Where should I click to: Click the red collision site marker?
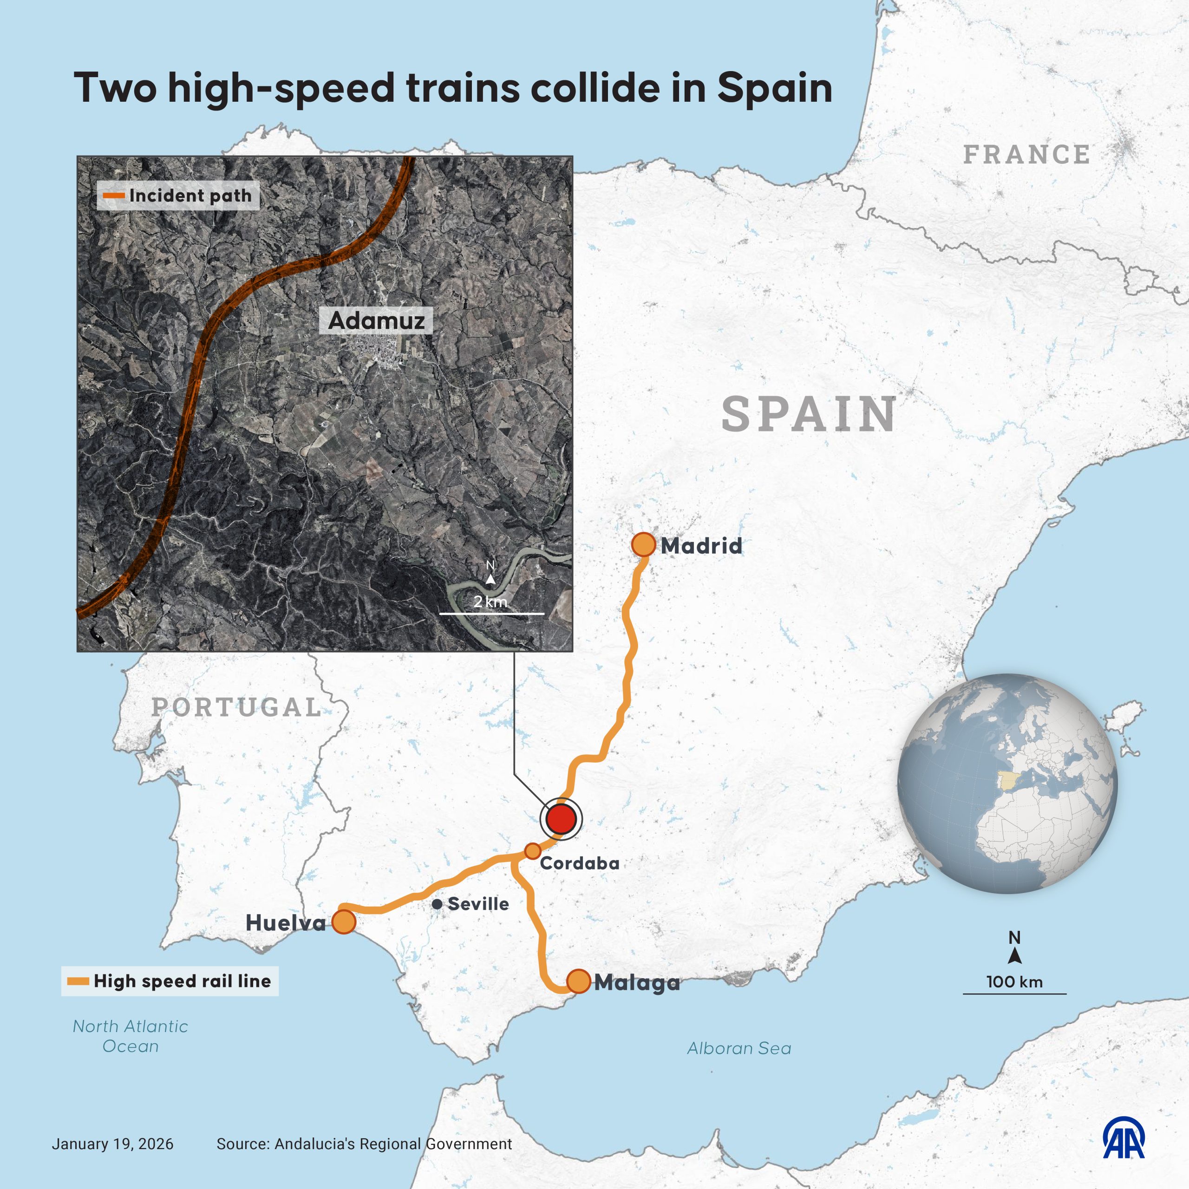coord(561,819)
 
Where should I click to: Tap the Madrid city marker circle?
coord(643,545)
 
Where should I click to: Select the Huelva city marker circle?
coord(343,922)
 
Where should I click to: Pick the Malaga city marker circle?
coord(578,981)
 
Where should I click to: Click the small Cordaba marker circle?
coord(532,851)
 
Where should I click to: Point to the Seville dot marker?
coord(437,904)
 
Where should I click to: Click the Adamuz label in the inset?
coord(376,320)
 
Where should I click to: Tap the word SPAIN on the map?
coord(808,414)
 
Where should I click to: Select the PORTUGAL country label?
coord(236,707)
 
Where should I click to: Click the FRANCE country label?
coord(1026,155)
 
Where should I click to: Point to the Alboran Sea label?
coord(738,1048)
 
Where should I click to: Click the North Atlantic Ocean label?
coord(131,1036)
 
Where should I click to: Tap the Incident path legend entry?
coord(178,196)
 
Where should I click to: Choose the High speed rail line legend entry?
coord(170,981)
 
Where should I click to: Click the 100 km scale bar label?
coord(1014,981)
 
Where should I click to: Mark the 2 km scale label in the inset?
coord(490,601)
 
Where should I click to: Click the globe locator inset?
coord(1007,784)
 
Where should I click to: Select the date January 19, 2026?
coord(112,1144)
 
